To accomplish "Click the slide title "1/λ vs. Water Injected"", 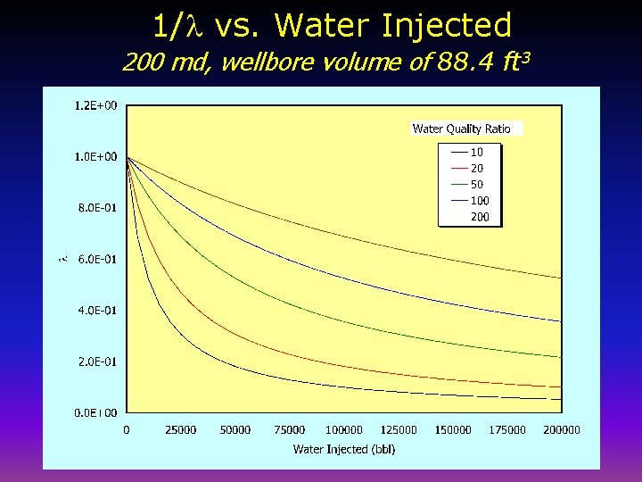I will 332,25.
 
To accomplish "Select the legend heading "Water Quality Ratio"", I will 461,129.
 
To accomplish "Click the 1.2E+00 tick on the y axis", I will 95,106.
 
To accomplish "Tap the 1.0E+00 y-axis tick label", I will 95,157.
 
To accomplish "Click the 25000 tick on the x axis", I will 181,430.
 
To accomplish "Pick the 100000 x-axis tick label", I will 344,430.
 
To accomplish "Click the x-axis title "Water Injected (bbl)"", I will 344,449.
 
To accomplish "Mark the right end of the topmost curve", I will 561,278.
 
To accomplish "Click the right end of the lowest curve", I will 561,398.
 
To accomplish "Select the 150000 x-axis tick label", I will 453,430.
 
